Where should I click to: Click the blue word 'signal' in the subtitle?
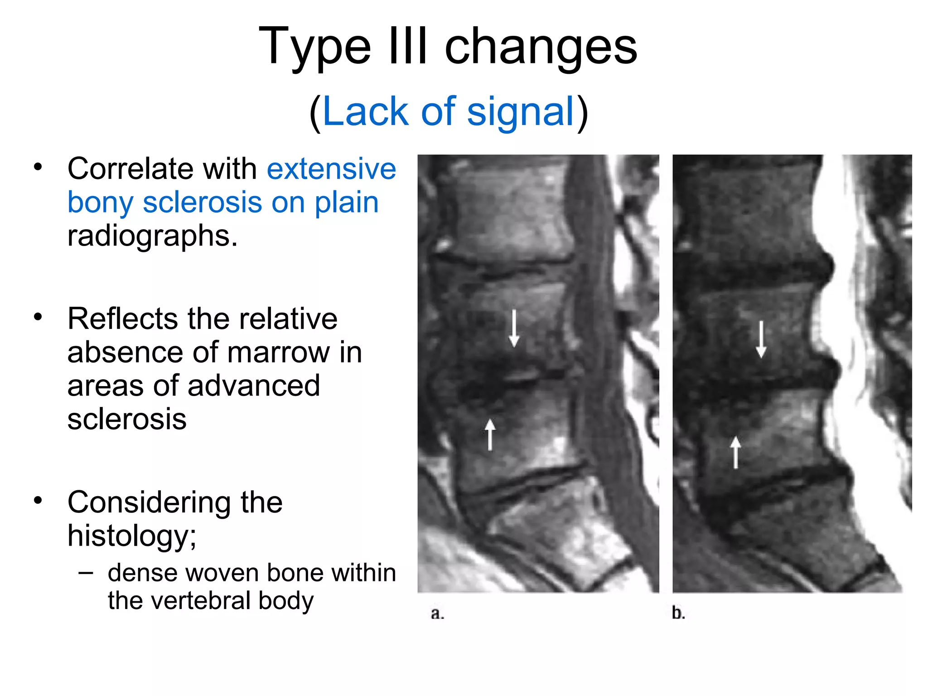(521, 112)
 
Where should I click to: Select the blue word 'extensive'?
(331, 169)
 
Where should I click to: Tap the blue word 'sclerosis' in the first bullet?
(202, 202)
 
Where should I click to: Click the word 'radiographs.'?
(152, 236)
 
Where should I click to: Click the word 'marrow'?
(278, 352)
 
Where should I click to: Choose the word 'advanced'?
(254, 386)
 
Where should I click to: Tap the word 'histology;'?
(132, 536)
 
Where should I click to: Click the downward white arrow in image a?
(514, 328)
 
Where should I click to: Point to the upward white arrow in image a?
(490, 435)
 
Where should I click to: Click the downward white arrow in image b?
(761, 339)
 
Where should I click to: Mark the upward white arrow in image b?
(735, 452)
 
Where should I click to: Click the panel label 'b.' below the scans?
(678, 613)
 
